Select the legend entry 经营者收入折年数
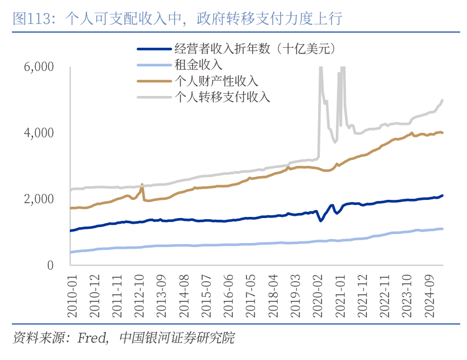pos(256,50)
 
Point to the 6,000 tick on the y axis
pos(39,66)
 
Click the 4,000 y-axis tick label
pos(39,133)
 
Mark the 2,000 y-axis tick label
pos(39,199)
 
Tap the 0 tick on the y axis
pos(50,265)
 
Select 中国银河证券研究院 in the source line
pos(177,338)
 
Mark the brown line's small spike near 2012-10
pos(142,185)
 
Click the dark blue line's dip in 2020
pos(321,220)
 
